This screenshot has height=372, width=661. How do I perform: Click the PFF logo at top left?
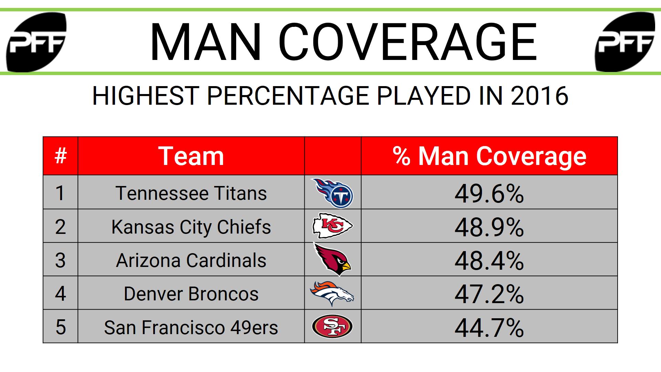click(36, 42)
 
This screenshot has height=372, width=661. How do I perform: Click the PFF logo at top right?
click(625, 42)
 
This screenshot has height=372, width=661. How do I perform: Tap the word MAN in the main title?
click(205, 42)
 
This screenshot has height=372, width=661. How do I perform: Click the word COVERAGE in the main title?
click(408, 42)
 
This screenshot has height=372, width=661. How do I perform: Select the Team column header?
click(191, 156)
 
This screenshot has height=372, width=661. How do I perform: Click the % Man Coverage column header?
click(489, 156)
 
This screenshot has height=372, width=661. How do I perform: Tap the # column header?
click(61, 156)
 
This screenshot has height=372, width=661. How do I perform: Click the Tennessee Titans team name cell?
click(191, 193)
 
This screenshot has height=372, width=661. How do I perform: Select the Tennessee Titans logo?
click(333, 193)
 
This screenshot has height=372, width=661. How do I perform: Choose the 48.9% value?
click(489, 227)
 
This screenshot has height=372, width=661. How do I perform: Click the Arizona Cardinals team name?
click(191, 260)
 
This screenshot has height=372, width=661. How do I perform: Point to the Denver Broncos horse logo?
click(332, 293)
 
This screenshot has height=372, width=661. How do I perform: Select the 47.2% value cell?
click(489, 294)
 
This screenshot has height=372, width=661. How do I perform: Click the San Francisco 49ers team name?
click(191, 327)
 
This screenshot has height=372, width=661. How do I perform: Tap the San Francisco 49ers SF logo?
click(333, 327)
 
